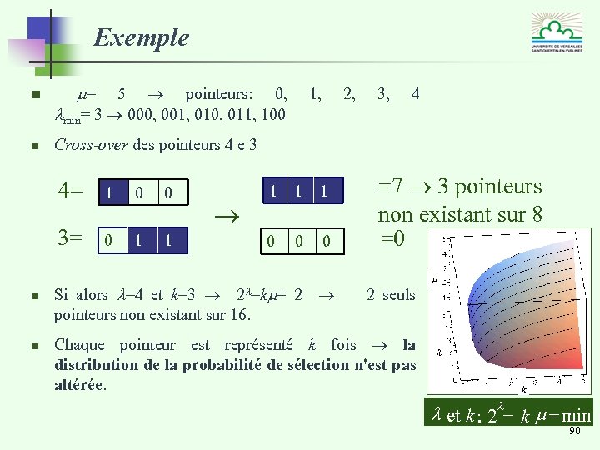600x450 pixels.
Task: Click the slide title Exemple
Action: pyautogui.click(x=141, y=37)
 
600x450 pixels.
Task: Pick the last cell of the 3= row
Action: pyautogui.click(x=167, y=240)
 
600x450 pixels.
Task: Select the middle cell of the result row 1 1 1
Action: pyautogui.click(x=297, y=192)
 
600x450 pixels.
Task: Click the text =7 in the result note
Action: pyautogui.click(x=392, y=187)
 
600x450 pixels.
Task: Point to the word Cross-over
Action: pyautogui.click(x=91, y=145)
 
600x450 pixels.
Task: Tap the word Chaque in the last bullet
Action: pyautogui.click(x=79, y=344)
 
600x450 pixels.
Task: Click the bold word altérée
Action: pyautogui.click(x=80, y=384)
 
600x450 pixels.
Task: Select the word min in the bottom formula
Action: pyautogui.click(x=577, y=416)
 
